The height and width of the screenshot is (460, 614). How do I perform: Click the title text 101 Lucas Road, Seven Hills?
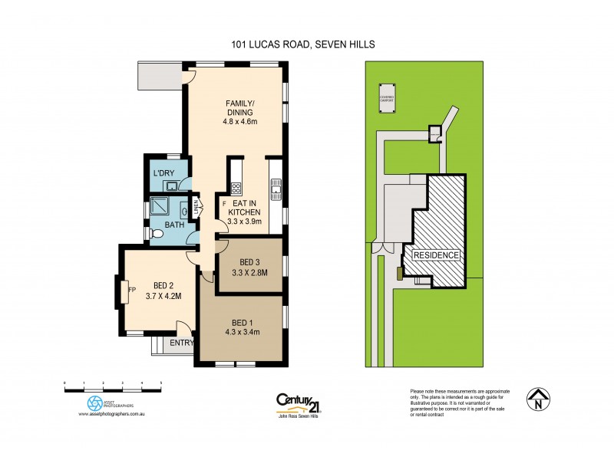coord(302,45)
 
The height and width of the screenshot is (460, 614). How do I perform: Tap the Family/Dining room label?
coord(240,110)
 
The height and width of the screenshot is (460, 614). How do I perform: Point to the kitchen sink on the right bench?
coord(276,185)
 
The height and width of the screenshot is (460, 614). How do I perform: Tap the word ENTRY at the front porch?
coord(181,343)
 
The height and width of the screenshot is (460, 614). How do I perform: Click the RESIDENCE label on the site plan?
coord(436,255)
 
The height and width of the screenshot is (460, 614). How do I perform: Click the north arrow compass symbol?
coord(539,399)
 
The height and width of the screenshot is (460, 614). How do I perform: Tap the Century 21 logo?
coord(302,403)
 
